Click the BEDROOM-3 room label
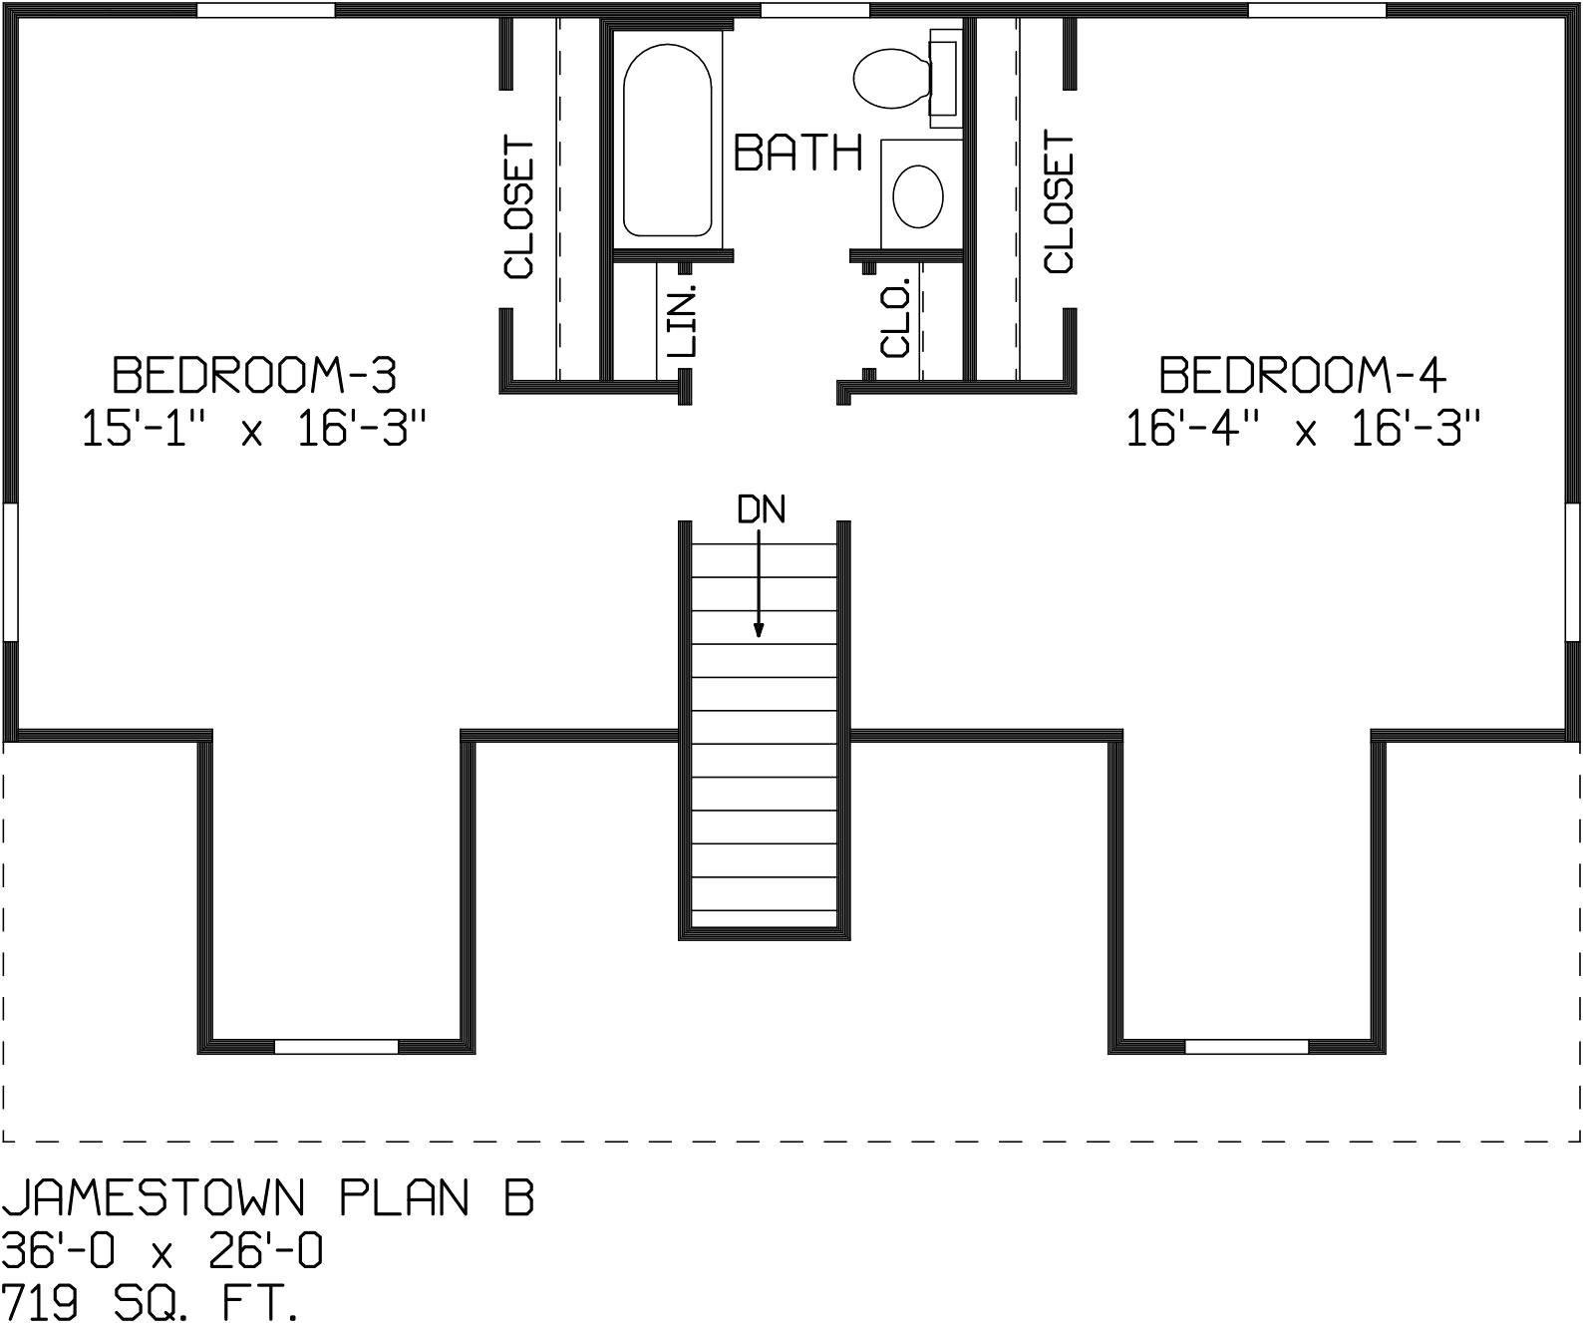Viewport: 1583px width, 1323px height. (254, 375)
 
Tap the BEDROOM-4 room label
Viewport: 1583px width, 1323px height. (1303, 375)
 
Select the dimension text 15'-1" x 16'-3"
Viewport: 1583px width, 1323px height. (255, 429)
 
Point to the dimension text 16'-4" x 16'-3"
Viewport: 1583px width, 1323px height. (1303, 429)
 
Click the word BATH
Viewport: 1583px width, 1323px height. (797, 153)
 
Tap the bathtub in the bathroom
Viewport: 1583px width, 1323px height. (667, 141)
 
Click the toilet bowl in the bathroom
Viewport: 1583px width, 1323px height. (892, 78)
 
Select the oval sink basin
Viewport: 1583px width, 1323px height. (918, 196)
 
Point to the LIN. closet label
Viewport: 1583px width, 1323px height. (682, 321)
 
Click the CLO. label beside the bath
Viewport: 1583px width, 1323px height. (895, 318)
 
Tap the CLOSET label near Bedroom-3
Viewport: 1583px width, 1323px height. (519, 207)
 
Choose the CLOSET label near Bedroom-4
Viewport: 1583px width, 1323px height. (1059, 201)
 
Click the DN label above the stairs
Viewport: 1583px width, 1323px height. (762, 509)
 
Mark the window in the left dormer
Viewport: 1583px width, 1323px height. (336, 1047)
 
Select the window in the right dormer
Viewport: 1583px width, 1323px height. (1246, 1047)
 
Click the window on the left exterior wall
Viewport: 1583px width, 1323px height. (10, 571)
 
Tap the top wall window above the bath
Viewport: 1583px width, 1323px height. (815, 10)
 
